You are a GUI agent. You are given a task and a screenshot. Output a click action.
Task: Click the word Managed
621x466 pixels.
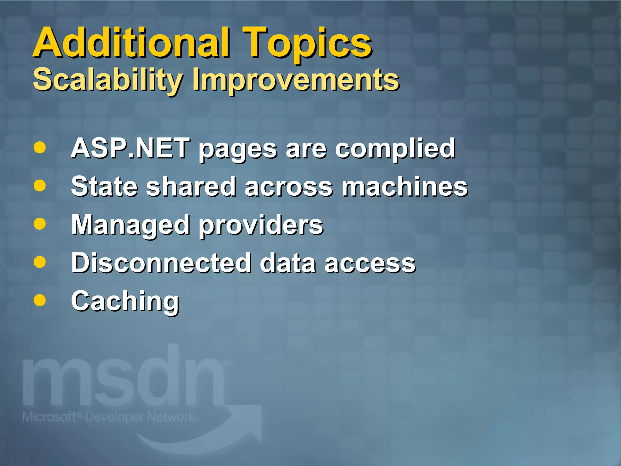pyautogui.click(x=130, y=225)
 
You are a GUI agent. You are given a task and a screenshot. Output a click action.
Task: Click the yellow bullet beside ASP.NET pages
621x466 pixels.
pyautogui.click(x=40, y=148)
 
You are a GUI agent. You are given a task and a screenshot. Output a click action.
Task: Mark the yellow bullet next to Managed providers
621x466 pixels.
pyautogui.click(x=40, y=224)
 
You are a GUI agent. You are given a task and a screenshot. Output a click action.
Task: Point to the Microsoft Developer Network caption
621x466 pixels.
pyautogui.click(x=109, y=417)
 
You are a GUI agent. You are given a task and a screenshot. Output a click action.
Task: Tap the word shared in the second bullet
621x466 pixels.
pyautogui.click(x=191, y=186)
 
